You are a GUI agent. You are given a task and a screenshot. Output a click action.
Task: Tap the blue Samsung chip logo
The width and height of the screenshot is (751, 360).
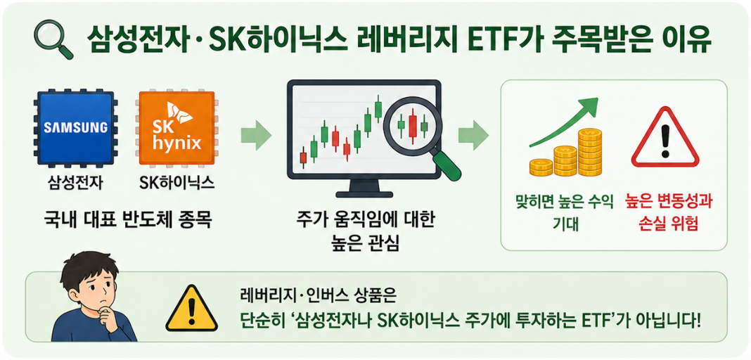pos(76,127)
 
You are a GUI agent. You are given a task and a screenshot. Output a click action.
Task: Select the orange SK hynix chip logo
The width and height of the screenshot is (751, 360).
pos(176,127)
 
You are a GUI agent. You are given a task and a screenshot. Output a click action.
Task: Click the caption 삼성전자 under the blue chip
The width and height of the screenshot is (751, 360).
pos(75,184)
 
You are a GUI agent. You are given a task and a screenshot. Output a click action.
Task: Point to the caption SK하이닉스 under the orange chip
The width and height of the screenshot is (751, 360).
pos(176,184)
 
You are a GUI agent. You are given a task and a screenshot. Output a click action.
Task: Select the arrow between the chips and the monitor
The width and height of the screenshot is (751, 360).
pos(256,135)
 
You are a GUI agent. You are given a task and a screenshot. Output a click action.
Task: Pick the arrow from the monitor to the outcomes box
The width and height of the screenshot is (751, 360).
pos(473,135)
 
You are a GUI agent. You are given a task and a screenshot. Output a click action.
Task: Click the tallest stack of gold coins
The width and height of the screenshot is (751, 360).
pos(589,153)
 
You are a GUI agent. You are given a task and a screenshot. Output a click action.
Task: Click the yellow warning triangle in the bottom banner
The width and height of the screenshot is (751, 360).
pos(191,309)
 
